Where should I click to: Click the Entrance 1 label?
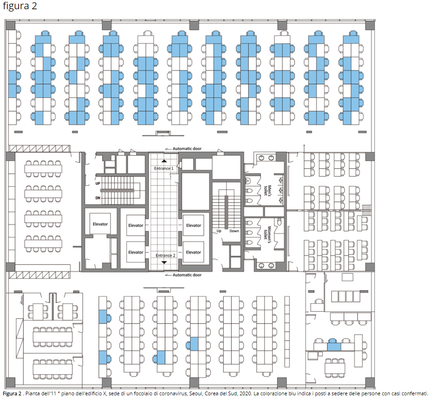[164, 168]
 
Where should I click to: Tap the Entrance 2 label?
[166, 255]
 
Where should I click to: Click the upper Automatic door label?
[187, 149]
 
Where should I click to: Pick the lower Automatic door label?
[187, 275]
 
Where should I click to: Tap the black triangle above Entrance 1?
[164, 161]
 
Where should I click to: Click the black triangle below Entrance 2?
[164, 263]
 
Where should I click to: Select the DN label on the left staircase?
[98, 198]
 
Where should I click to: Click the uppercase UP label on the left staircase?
[98, 184]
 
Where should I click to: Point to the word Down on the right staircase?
[234, 231]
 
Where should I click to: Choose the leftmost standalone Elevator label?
[100, 224]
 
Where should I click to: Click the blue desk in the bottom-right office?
[334, 346]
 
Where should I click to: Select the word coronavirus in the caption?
[170, 393]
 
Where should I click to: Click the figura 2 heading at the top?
[20, 6]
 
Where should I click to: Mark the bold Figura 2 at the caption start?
[12, 393]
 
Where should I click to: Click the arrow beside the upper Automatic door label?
[168, 149]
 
